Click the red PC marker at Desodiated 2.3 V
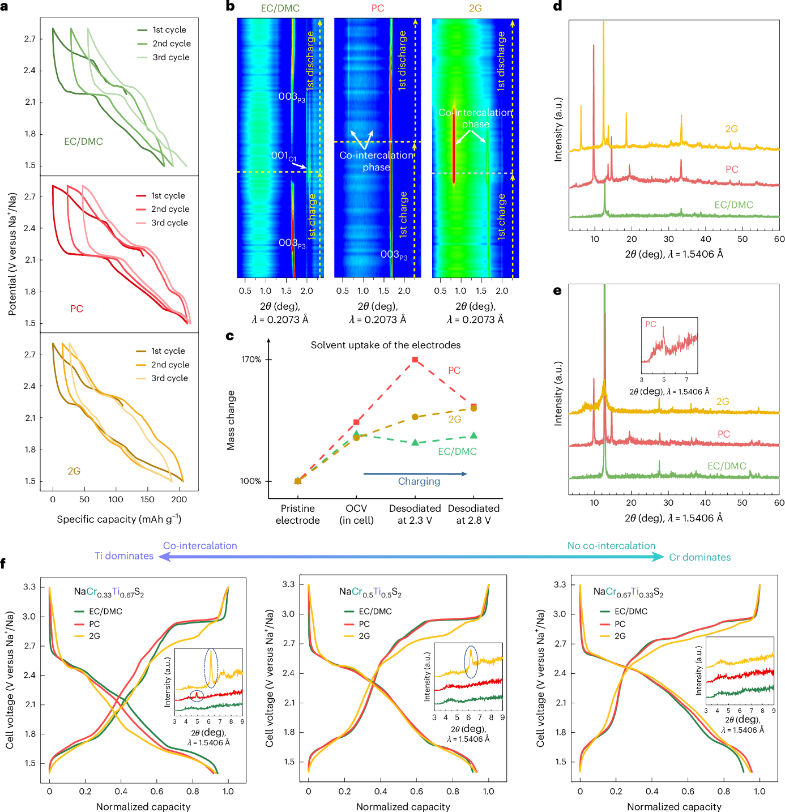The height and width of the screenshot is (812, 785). (x=415, y=360)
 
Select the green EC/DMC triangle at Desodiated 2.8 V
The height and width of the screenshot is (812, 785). (x=473, y=435)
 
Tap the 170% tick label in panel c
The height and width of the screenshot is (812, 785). (x=251, y=360)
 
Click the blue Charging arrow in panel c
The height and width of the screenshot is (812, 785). (x=415, y=473)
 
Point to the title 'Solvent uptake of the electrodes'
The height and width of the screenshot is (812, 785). (x=385, y=345)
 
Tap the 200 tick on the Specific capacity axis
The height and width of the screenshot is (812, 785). (x=179, y=499)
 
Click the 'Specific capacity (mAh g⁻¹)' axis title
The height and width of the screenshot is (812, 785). (x=119, y=519)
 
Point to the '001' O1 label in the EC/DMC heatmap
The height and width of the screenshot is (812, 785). (x=283, y=155)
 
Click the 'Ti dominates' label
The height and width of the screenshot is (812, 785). (x=124, y=556)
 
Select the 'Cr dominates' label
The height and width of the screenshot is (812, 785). (x=699, y=557)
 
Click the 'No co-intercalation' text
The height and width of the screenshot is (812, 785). (x=611, y=546)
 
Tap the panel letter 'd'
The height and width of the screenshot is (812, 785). (x=557, y=7)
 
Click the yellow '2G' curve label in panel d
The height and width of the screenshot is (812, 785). (x=731, y=129)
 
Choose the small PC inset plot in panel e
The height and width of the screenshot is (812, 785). (x=669, y=345)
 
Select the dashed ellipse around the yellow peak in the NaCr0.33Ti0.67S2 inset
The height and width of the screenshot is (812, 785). (x=211, y=668)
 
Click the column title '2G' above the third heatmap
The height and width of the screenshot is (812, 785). (x=475, y=8)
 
